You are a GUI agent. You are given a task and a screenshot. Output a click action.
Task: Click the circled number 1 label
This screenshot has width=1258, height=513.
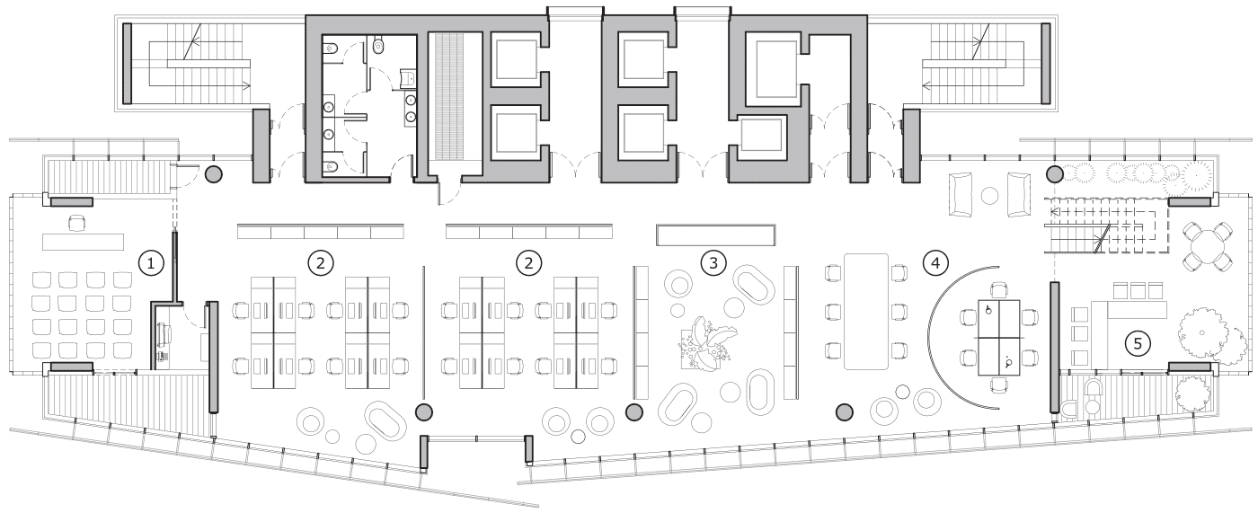point(153,262)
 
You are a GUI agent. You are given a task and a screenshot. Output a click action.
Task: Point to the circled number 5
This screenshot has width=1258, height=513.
point(1138,342)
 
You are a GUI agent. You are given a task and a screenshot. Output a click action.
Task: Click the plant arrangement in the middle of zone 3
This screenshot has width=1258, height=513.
point(707,346)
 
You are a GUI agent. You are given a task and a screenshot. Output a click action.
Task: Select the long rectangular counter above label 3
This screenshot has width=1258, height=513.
point(716,234)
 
